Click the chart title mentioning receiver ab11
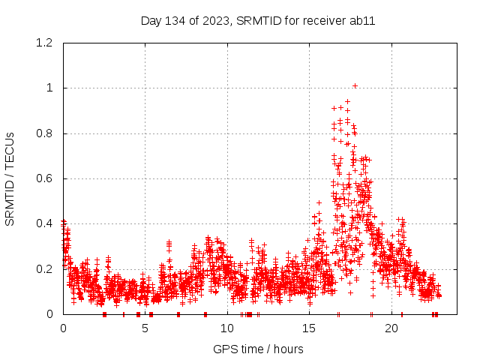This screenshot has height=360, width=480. click(258, 20)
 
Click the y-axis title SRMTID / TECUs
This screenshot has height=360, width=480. click(10, 178)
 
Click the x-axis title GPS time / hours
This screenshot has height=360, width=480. click(258, 349)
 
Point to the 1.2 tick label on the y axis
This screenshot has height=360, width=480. click(46, 43)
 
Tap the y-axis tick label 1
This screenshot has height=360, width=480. click(50, 88)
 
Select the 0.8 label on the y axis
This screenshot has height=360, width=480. click(46, 133)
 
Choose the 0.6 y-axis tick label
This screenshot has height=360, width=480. click(46, 178)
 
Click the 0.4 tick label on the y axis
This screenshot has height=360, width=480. click(46, 223)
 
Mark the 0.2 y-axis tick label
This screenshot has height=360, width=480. click(46, 268)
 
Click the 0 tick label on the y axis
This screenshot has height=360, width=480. click(50, 314)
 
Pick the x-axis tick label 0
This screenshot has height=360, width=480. click(63, 328)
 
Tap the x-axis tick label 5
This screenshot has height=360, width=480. click(145, 328)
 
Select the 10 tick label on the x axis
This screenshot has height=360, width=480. click(227, 328)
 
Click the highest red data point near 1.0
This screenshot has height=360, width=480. click(355, 85)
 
